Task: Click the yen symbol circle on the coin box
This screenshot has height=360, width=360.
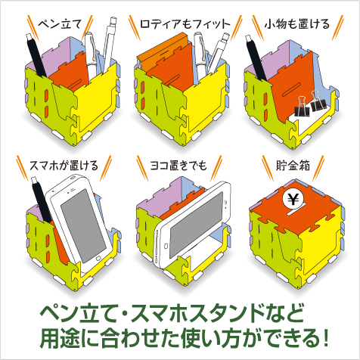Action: (x=293, y=199)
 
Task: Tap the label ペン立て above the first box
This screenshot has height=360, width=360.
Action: (x=61, y=24)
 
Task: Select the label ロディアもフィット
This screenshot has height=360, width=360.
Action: (x=185, y=24)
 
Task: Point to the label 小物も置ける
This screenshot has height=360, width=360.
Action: (x=297, y=24)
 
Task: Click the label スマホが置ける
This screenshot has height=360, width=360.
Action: (x=64, y=166)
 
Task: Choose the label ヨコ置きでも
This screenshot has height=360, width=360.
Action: (x=178, y=166)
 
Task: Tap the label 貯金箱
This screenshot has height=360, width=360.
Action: (x=293, y=166)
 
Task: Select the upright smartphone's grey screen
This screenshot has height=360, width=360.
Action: (x=84, y=225)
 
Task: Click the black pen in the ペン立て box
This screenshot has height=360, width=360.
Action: (x=37, y=55)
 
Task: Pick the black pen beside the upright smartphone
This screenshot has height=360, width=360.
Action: (x=42, y=200)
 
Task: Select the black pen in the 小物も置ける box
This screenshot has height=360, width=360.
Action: (x=256, y=58)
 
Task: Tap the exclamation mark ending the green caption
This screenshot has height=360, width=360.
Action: (x=325, y=337)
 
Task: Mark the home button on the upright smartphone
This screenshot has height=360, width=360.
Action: (x=99, y=258)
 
